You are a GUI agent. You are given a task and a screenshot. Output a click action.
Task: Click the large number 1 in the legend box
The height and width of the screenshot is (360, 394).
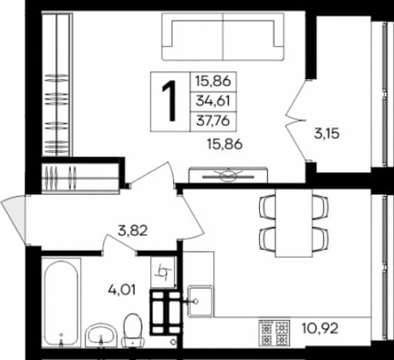click(x=169, y=101)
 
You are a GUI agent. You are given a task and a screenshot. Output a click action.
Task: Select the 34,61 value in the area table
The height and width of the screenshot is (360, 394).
click(x=212, y=101)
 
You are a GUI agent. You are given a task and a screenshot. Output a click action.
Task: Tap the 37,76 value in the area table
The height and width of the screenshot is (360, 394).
click(x=212, y=121)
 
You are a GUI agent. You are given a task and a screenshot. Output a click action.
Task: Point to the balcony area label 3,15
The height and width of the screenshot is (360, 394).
click(x=327, y=134)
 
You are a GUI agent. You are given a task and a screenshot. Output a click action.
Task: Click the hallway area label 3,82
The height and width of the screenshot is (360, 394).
click(x=132, y=231)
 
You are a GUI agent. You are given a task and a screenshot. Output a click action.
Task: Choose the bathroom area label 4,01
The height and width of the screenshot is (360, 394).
click(x=122, y=290)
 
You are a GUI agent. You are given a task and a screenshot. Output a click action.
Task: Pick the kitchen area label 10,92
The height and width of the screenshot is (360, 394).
click(x=320, y=328)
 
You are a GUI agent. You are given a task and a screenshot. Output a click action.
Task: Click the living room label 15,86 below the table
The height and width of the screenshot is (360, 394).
click(x=225, y=145)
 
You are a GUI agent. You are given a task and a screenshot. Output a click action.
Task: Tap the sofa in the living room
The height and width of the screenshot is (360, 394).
click(x=223, y=37)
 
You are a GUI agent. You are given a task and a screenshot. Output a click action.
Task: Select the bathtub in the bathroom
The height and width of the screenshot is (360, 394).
click(x=61, y=303)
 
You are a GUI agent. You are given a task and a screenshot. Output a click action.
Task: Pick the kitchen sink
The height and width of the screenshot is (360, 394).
click(x=200, y=302)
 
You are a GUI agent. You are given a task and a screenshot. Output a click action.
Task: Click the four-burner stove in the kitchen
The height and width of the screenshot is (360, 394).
click(x=274, y=333)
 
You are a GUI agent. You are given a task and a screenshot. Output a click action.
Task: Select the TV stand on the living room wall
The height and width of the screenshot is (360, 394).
click(x=228, y=175)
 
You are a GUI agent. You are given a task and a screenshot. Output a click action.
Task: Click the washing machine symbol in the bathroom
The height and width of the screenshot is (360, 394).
click(x=163, y=272)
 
